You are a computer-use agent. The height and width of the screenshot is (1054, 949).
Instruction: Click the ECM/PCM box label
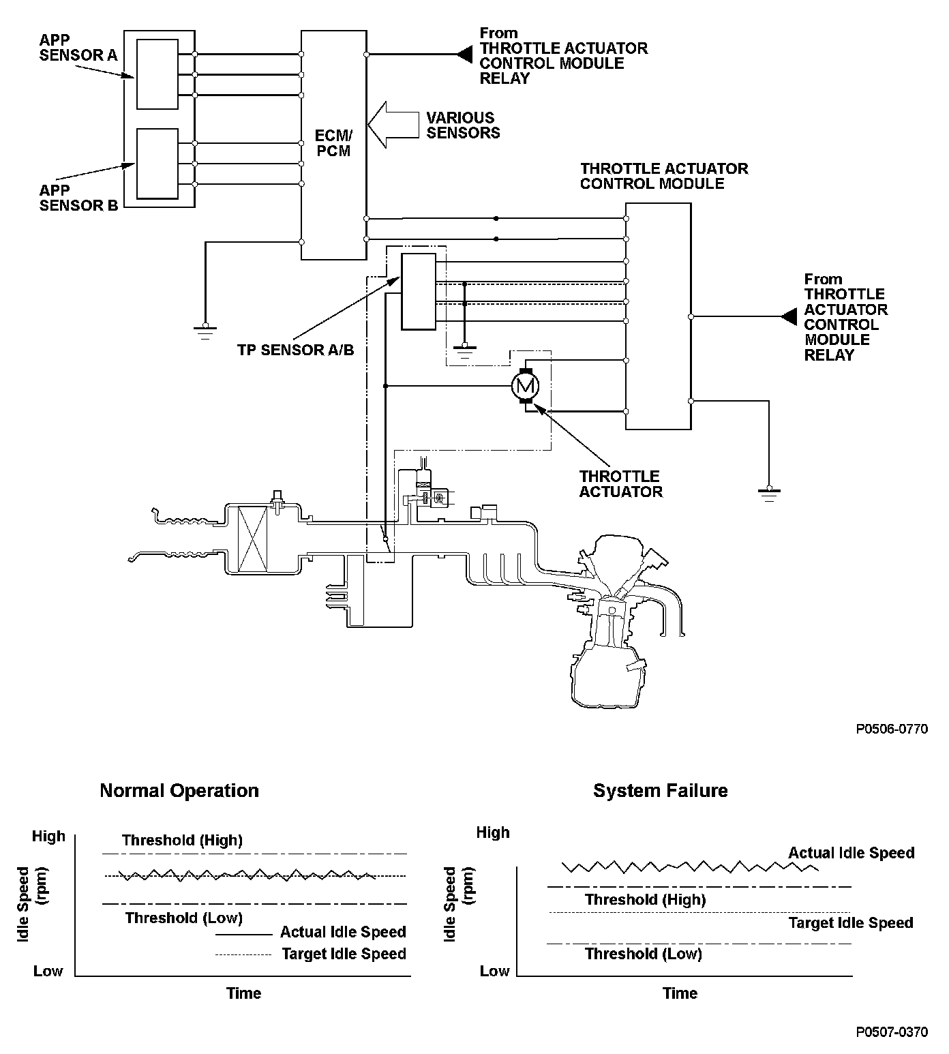click(x=333, y=143)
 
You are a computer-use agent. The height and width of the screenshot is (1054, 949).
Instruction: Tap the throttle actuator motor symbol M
click(x=525, y=387)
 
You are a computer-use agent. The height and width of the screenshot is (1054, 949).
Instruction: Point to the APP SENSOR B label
click(x=78, y=198)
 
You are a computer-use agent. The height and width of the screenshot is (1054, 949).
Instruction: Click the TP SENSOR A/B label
click(x=295, y=350)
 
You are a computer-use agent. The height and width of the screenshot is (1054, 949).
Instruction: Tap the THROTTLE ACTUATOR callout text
click(x=620, y=484)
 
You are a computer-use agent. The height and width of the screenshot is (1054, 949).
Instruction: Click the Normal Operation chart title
click(x=179, y=791)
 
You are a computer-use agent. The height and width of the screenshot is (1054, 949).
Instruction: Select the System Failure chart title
click(x=660, y=791)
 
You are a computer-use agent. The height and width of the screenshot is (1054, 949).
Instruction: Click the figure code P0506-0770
click(x=892, y=729)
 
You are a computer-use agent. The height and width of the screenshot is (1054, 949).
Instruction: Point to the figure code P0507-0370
click(x=892, y=1032)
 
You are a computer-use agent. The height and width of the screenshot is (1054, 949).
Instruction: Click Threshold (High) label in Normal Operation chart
click(x=182, y=840)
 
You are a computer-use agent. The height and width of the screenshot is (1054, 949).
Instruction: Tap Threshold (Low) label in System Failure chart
click(x=643, y=954)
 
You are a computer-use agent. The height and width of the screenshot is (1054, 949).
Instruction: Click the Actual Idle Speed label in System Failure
click(x=851, y=853)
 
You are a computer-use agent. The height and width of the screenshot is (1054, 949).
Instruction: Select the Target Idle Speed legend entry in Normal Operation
click(x=344, y=954)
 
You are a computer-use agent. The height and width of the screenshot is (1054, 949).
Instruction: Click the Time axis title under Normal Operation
click(x=243, y=993)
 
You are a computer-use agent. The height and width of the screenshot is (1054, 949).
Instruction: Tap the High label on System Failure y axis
click(x=493, y=832)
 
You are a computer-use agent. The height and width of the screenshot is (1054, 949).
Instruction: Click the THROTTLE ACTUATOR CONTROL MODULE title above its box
click(x=663, y=176)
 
